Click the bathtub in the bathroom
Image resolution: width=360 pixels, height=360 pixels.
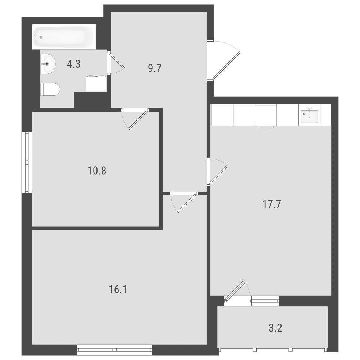(x=64, y=37)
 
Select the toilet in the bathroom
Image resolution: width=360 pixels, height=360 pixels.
(x=50, y=89)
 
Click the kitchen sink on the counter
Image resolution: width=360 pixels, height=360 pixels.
(x=309, y=115)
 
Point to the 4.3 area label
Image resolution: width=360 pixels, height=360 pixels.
(x=74, y=64)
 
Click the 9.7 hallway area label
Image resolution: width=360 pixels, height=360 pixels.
(x=155, y=68)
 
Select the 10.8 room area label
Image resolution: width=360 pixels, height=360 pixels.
(x=97, y=171)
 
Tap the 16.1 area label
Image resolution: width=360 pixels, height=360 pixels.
(x=118, y=289)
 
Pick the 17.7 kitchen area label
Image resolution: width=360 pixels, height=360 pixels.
(x=271, y=204)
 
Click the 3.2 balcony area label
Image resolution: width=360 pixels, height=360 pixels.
(x=275, y=328)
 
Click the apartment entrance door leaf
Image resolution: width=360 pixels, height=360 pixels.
(x=226, y=66)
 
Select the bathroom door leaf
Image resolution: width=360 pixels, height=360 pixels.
(x=117, y=61)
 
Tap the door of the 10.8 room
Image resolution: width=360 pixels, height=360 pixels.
(x=138, y=120)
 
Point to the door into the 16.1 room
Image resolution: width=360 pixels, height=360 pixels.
(x=187, y=203)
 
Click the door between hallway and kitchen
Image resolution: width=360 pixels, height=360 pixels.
(x=219, y=175)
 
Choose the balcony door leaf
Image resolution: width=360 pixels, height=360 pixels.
(x=235, y=291)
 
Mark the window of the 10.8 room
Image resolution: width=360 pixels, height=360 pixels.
(x=27, y=162)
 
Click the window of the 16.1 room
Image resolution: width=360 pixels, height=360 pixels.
(x=114, y=350)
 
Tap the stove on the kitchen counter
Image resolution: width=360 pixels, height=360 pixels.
(x=266, y=115)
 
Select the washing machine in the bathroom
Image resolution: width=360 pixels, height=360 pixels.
(x=96, y=84)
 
